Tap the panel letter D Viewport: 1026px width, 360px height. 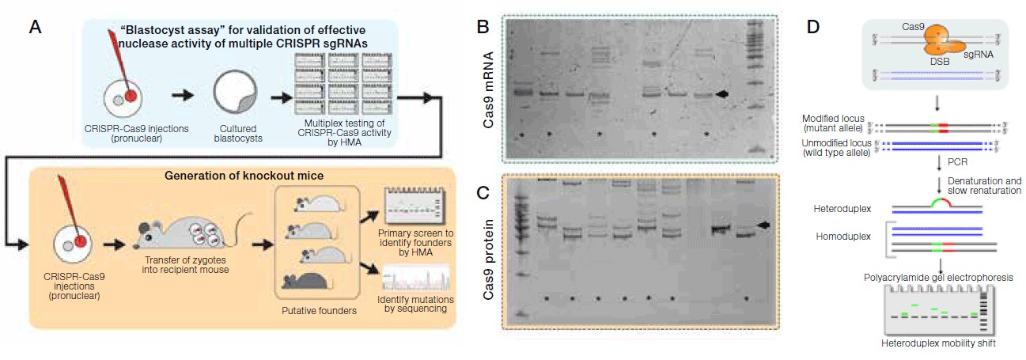coord(814,27)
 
